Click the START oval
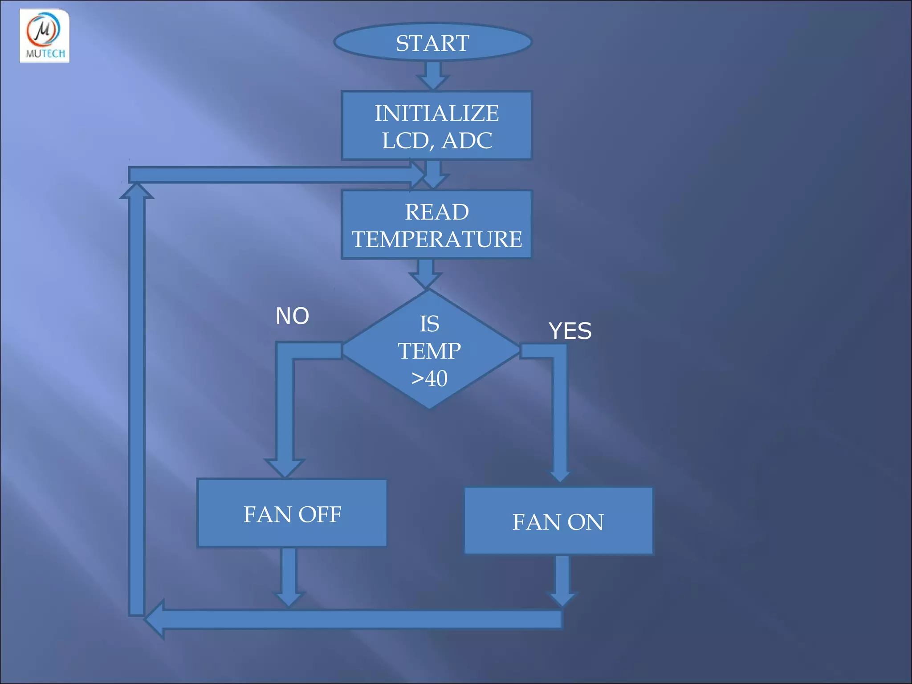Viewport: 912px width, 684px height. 432,42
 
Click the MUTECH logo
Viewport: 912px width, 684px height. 45,36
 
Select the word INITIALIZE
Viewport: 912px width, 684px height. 436,113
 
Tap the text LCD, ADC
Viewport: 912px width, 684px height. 436,141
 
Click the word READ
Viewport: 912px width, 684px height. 436,212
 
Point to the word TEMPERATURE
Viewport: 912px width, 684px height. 436,239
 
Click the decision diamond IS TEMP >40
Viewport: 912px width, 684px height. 430,350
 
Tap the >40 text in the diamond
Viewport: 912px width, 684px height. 429,379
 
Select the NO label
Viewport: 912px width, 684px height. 292,316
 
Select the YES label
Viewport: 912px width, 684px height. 570,331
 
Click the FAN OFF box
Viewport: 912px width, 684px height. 292,513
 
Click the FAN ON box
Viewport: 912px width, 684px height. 558,521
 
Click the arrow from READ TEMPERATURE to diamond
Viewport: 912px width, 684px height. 426,273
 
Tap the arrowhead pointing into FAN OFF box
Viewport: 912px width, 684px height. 285,468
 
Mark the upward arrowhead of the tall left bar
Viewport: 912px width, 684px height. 137,191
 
